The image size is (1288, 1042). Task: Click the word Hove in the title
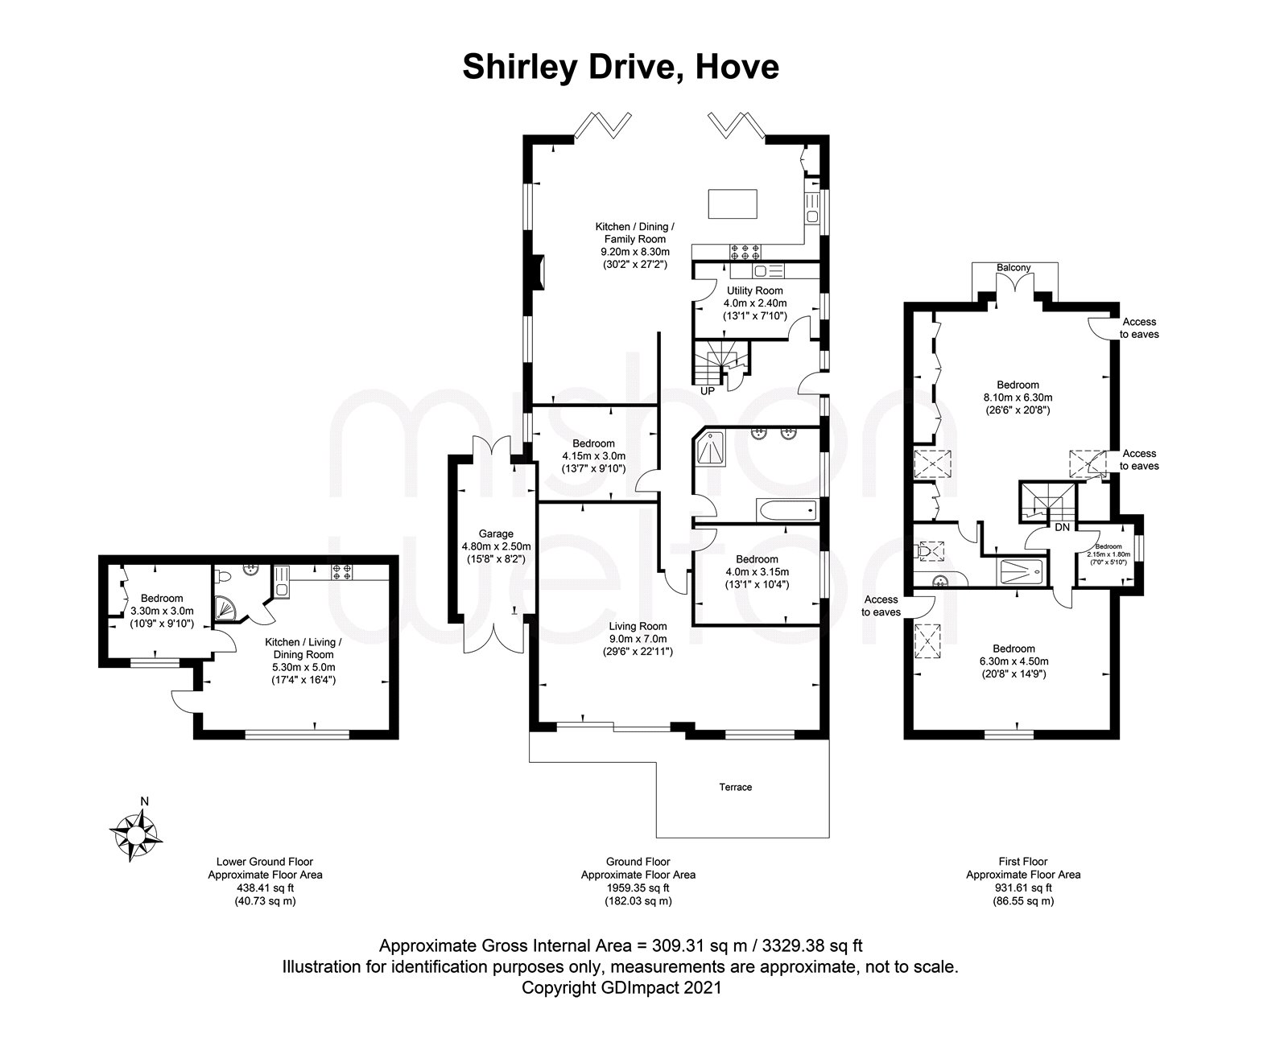(x=737, y=67)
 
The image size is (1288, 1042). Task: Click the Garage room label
(x=496, y=533)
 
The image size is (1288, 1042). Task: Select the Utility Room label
(x=754, y=290)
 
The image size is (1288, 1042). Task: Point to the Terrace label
(x=736, y=787)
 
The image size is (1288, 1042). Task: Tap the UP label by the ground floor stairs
(x=708, y=391)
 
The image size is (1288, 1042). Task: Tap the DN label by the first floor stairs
(x=1063, y=528)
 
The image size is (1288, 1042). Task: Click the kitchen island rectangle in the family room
(x=733, y=204)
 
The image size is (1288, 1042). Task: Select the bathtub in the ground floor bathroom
(x=786, y=509)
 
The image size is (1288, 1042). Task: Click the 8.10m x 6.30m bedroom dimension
(x=1018, y=397)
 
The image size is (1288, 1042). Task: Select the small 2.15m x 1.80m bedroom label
(x=1108, y=554)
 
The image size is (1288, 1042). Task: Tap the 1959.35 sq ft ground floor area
(x=638, y=888)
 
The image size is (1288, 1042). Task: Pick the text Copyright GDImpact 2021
(x=621, y=987)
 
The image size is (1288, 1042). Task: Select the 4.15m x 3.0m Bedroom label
(x=593, y=456)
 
